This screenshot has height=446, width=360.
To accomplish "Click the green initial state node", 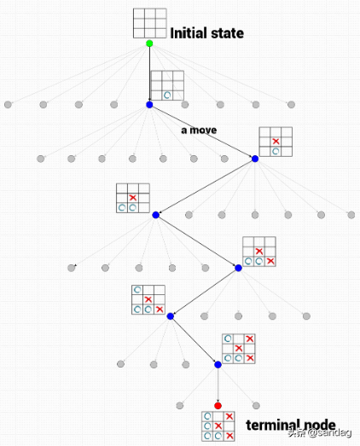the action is coord(149,43).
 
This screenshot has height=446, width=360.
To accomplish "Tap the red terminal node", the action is coord(218,406).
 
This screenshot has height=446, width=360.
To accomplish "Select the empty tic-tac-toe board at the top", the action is coord(150,23).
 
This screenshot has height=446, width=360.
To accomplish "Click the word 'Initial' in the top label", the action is coord(187,33).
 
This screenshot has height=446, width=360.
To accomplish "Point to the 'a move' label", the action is coord(199,130).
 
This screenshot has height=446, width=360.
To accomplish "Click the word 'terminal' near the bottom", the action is coord(272,425).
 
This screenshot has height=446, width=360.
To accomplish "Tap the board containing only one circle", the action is coord(167,85).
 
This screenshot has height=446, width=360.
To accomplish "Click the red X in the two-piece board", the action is coord(276,141).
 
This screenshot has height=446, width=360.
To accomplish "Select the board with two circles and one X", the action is coord(133,198).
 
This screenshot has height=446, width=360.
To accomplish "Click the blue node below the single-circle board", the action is coord(149,105).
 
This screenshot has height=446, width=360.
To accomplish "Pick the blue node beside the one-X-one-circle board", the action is coord(255,159).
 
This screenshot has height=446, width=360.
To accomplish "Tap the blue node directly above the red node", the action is coord(218,365).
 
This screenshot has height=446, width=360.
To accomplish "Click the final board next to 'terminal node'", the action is coord(218,426).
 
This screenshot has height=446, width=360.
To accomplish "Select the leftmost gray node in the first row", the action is coord(8,105).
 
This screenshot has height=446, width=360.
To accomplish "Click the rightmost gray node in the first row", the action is coord(291,105).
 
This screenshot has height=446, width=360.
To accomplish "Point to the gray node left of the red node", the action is coord(179,406).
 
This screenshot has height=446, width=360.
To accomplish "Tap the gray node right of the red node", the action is coord(256,406).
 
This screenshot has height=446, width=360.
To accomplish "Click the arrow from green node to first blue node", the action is coord(149,74).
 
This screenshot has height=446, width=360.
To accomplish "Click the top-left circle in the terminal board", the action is coord(207,416).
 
